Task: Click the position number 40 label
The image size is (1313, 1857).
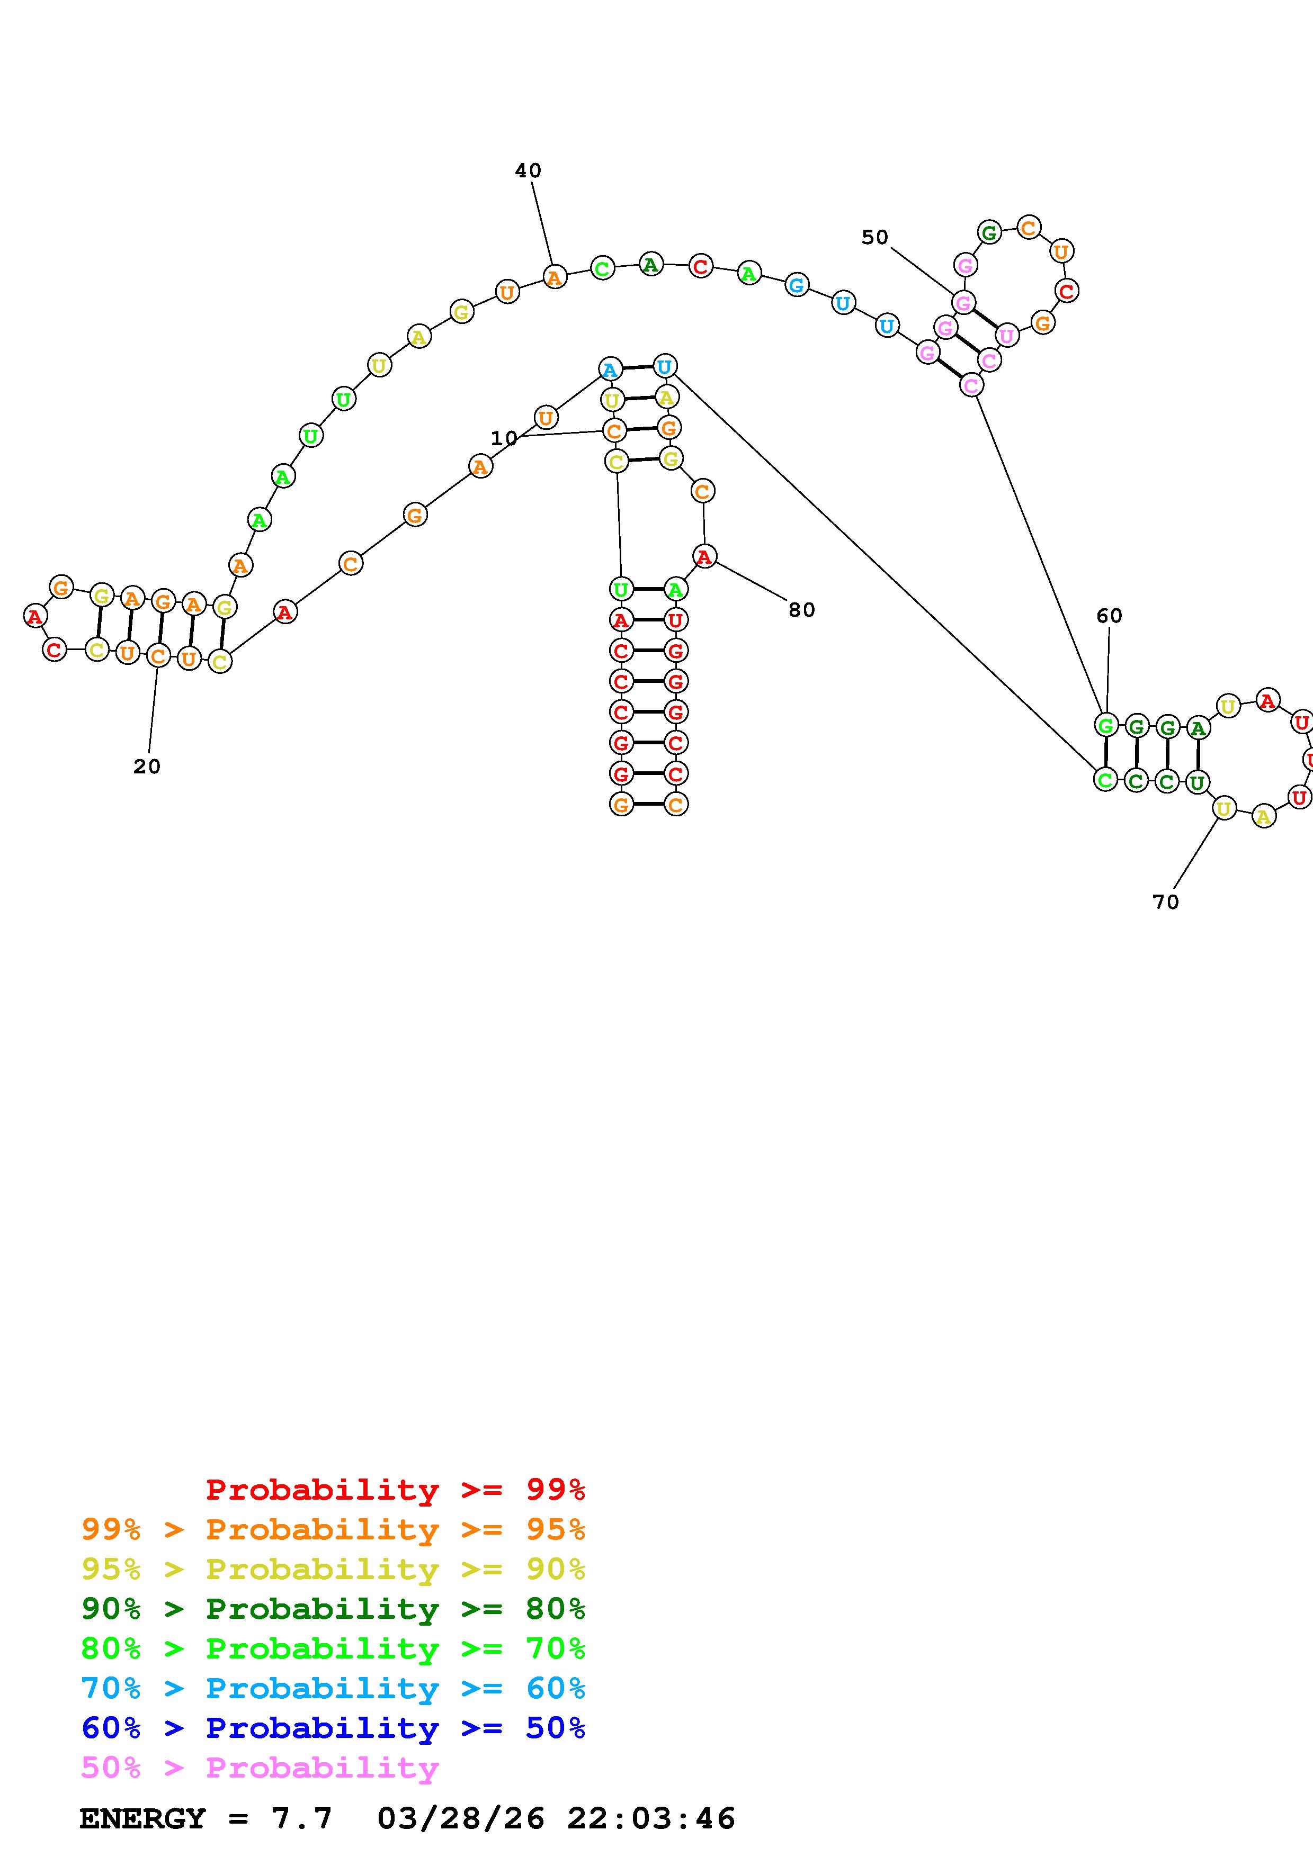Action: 528,170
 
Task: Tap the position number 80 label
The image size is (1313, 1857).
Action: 801,610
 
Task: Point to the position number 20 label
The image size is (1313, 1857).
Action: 146,767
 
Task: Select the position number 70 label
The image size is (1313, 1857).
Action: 1165,902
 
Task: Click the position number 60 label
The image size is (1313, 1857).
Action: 1109,616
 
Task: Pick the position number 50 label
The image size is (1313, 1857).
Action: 874,238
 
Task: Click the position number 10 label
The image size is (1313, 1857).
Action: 503,438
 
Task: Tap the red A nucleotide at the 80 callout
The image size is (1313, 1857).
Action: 704,556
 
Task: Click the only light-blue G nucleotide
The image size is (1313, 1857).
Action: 797,285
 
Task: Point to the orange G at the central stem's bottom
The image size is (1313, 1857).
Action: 621,805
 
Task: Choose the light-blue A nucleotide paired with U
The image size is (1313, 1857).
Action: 610,371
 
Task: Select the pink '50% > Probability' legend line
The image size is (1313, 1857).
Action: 260,1768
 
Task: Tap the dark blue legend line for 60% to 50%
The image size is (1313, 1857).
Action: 333,1728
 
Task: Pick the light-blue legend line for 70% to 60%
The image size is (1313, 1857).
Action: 333,1689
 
